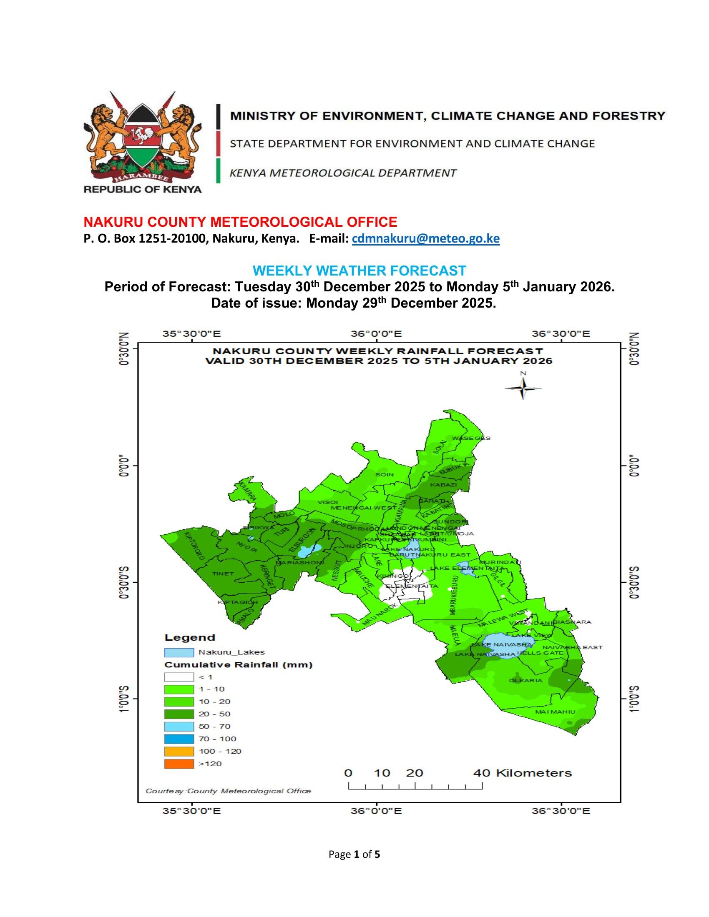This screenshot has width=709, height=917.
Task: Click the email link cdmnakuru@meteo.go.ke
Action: point(425,238)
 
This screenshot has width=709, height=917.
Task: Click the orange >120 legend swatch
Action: point(179,764)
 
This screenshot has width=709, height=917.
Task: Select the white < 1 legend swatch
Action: point(179,677)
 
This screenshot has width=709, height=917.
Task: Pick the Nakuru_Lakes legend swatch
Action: point(179,652)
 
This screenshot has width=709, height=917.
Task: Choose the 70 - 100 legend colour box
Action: point(179,739)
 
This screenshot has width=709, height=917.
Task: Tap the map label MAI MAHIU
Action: point(555,712)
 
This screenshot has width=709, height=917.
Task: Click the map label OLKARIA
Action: point(525,680)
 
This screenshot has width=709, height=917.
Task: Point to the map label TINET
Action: point(223,573)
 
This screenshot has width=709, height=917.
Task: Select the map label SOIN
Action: point(385,474)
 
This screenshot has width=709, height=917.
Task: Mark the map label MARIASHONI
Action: point(299,562)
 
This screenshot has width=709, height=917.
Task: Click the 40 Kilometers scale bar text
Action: point(523,773)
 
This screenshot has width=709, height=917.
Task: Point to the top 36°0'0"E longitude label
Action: point(376,334)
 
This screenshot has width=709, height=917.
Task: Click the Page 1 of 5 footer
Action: point(354,854)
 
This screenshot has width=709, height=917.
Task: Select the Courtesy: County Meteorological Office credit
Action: point(228,791)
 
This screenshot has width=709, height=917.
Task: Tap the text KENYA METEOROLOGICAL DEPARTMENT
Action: point(343,173)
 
